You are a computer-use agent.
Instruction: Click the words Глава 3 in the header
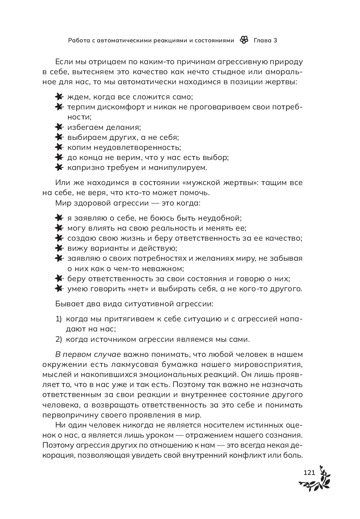265,40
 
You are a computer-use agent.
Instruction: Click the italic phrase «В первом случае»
88,354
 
